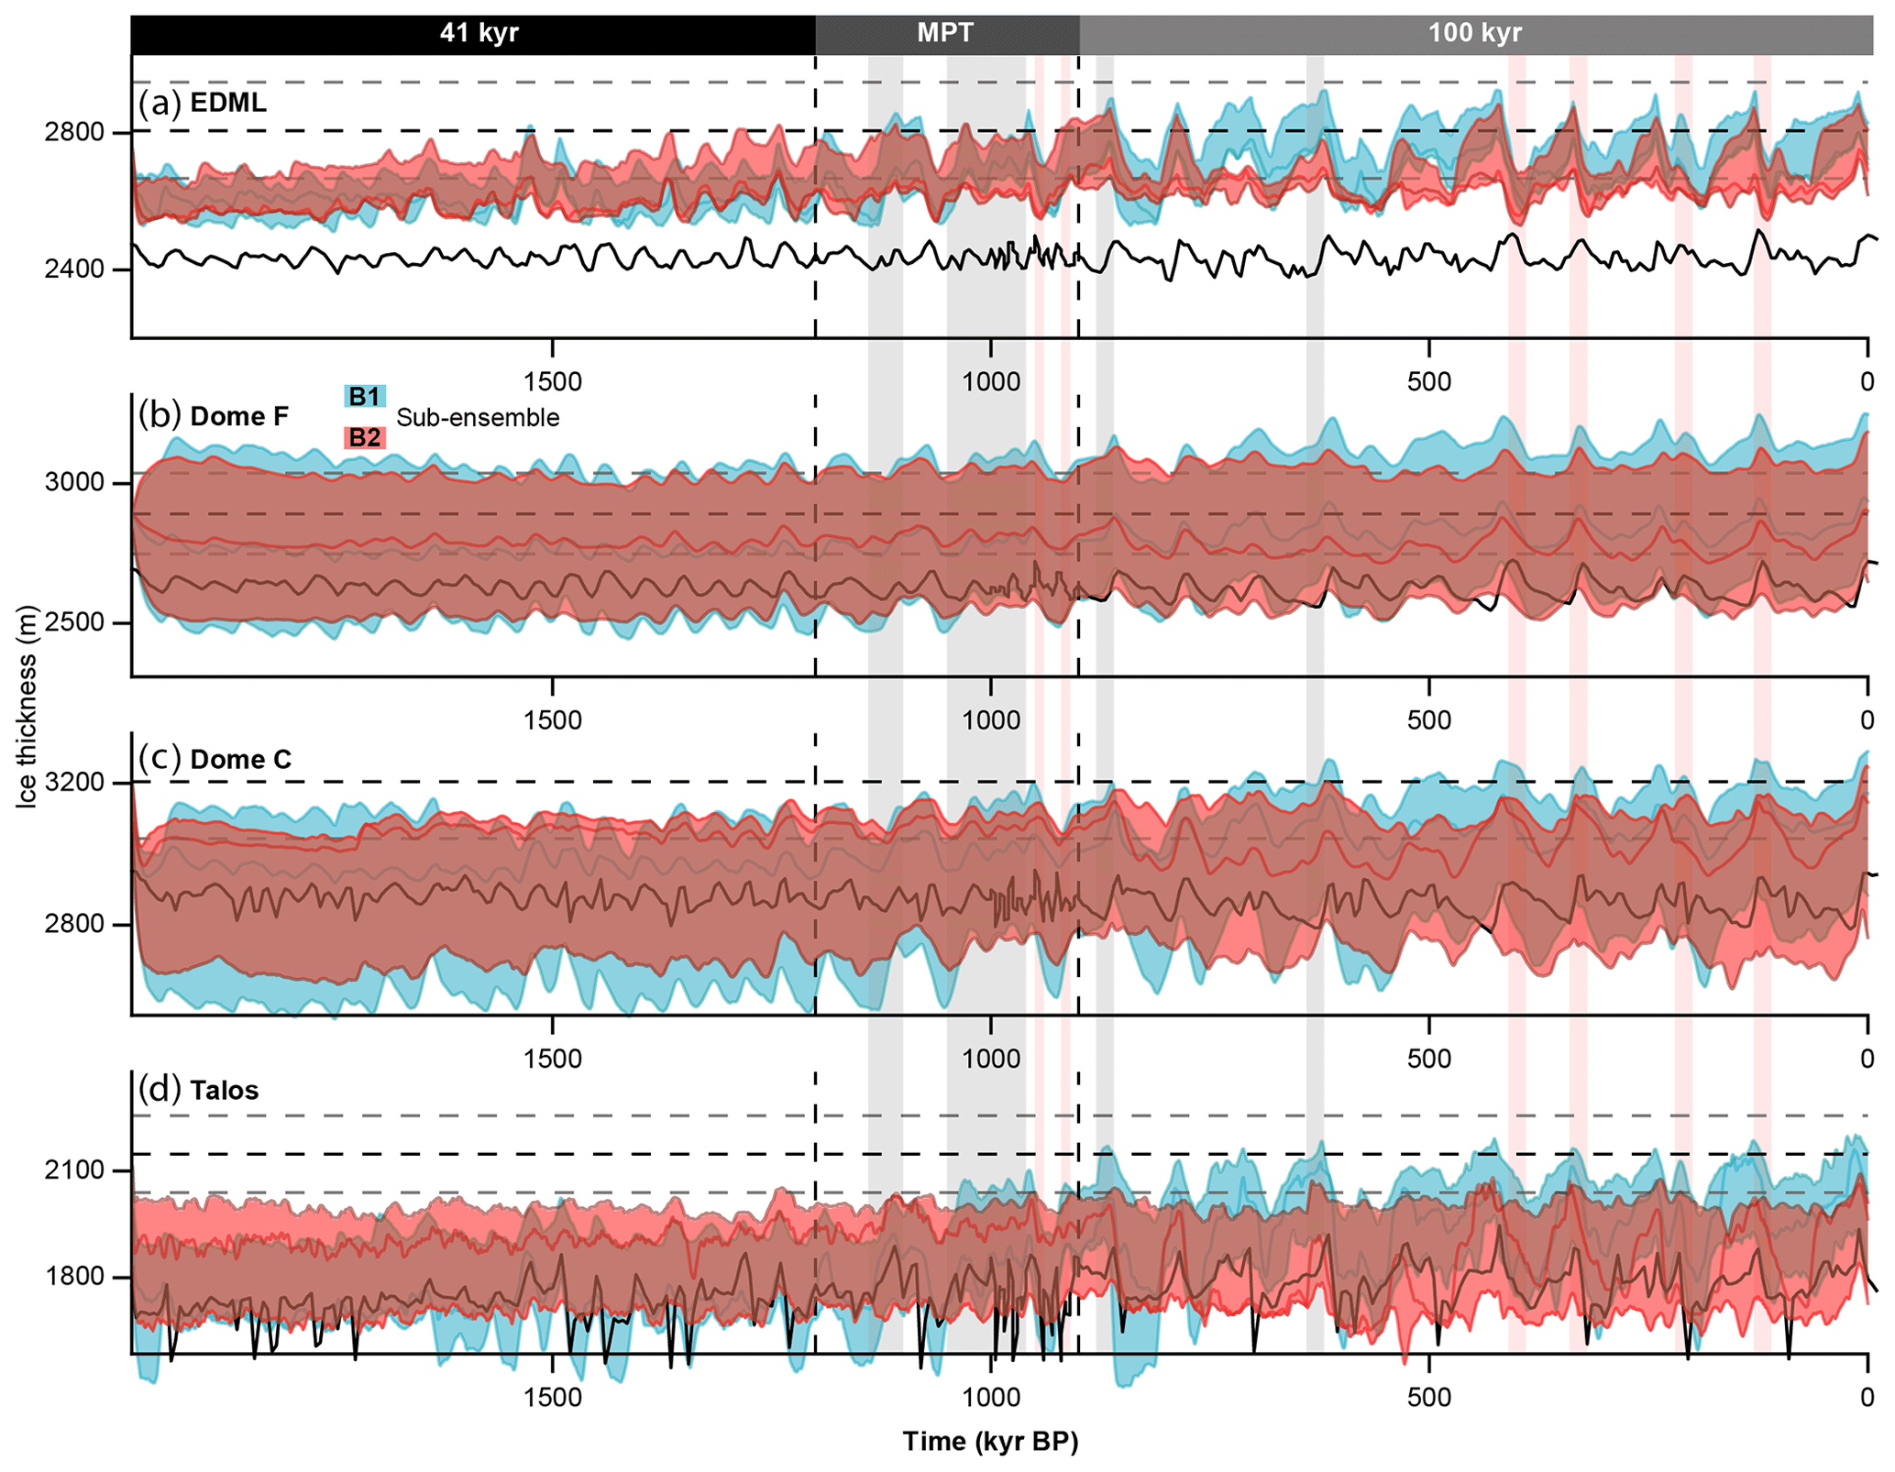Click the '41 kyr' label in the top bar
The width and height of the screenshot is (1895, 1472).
(479, 34)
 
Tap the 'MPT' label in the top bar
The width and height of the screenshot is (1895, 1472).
(945, 34)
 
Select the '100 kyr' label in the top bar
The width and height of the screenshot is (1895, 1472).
(1474, 34)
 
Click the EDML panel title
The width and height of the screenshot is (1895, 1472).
(228, 103)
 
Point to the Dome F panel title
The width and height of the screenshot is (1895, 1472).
(239, 416)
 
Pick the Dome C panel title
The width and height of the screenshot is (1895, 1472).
(240, 759)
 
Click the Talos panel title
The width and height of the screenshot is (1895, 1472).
(225, 1090)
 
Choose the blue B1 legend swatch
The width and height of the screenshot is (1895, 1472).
(364, 397)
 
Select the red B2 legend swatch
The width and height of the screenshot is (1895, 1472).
(364, 438)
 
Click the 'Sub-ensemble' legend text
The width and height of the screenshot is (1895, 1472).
(478, 418)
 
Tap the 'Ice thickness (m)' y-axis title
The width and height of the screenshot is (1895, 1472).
(27, 707)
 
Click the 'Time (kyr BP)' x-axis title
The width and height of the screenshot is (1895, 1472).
(990, 1442)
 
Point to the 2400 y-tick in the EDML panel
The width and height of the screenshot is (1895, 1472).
(74, 269)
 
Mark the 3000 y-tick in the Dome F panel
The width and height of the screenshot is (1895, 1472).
(74, 482)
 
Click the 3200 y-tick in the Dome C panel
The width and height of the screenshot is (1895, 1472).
(74, 783)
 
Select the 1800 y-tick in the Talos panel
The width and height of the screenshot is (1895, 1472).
(74, 1277)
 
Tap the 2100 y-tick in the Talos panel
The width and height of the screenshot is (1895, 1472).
(74, 1170)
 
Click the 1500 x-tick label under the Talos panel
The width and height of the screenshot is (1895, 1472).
(552, 1398)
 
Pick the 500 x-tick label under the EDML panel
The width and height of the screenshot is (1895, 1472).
(1429, 381)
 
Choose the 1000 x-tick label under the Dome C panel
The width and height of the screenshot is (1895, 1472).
(990, 1060)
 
